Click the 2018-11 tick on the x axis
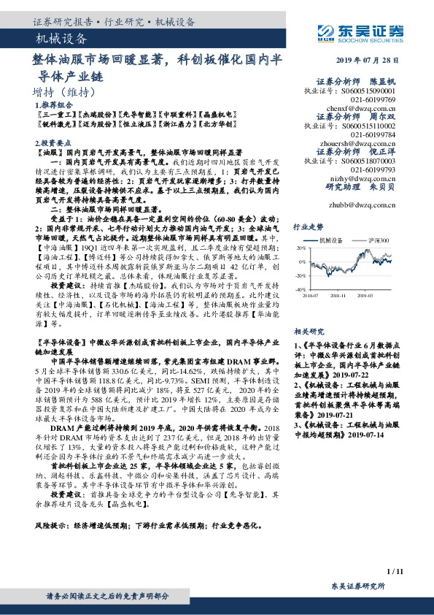tap(338, 295)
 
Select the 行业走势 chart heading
tap(306, 227)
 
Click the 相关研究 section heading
tap(306, 330)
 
